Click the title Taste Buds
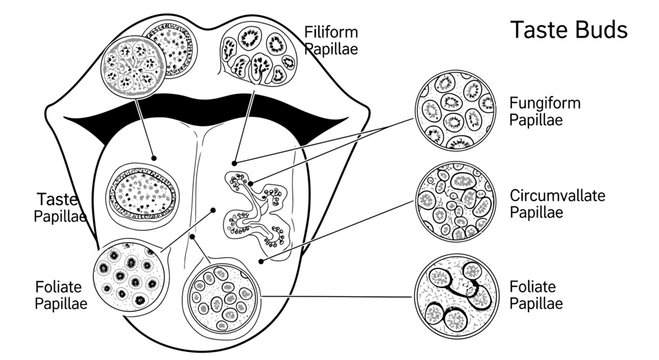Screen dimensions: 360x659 (x=569, y=30)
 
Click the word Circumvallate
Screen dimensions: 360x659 (x=556, y=195)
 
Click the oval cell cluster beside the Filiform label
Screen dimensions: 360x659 (x=258, y=54)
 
